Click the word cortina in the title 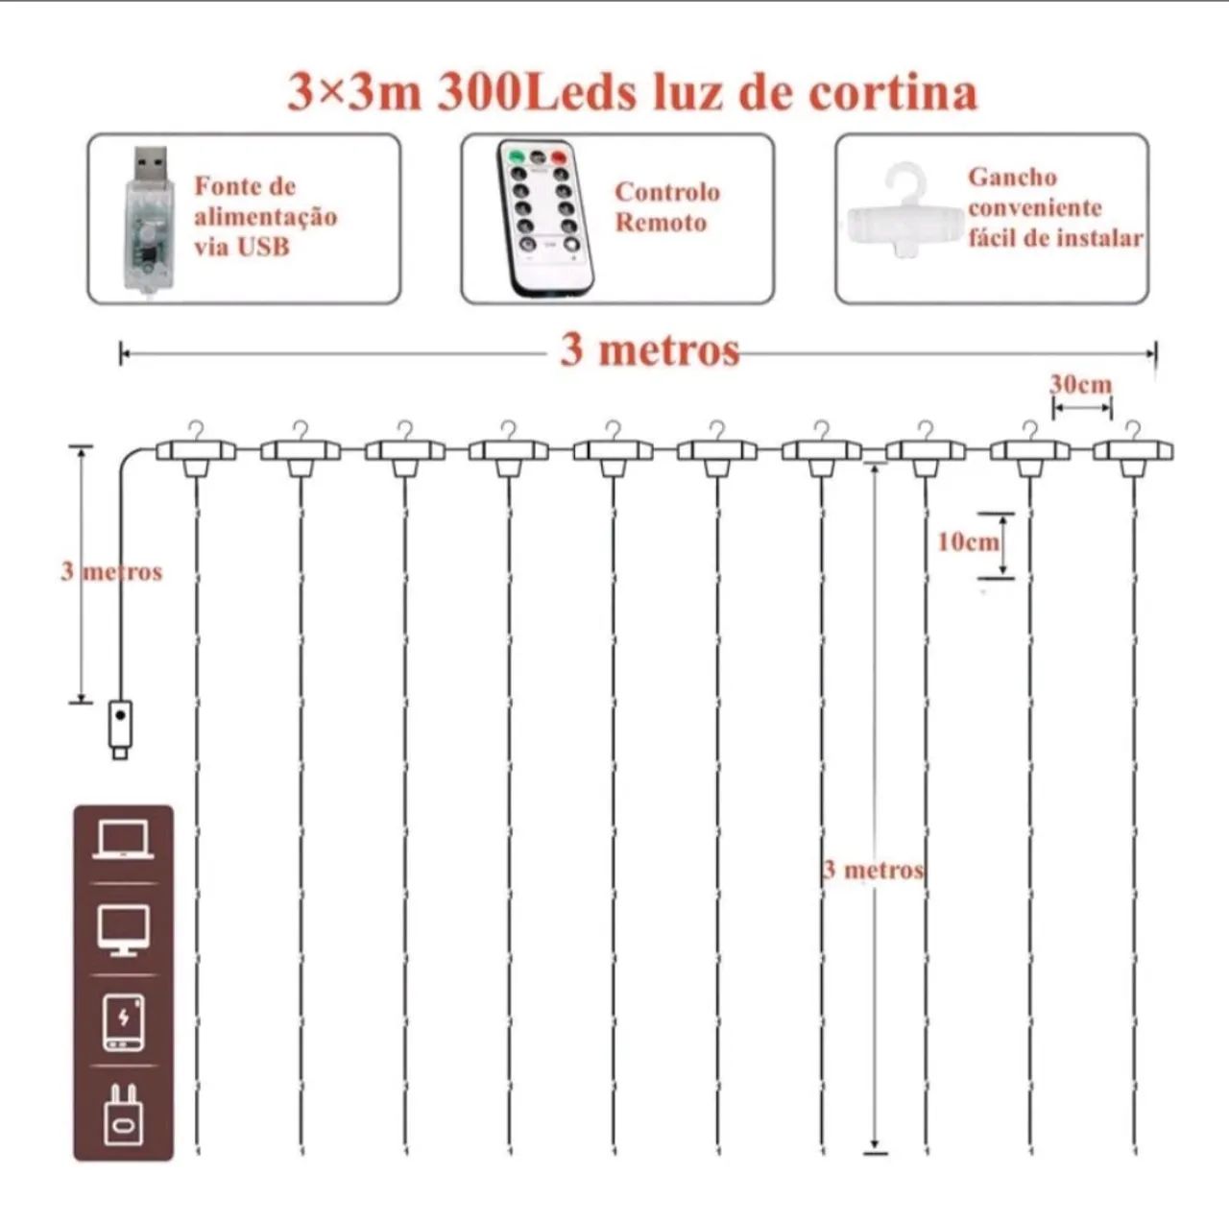pos(893,92)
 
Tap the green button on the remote pos(516,156)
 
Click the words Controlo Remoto pos(666,207)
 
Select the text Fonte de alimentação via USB pos(265,216)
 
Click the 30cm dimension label pos(1081,385)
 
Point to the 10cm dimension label pos(967,542)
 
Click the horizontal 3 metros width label pos(650,350)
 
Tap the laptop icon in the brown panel pos(123,842)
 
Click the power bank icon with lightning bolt pos(123,1021)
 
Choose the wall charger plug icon pos(123,1114)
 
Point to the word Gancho pos(1012,178)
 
